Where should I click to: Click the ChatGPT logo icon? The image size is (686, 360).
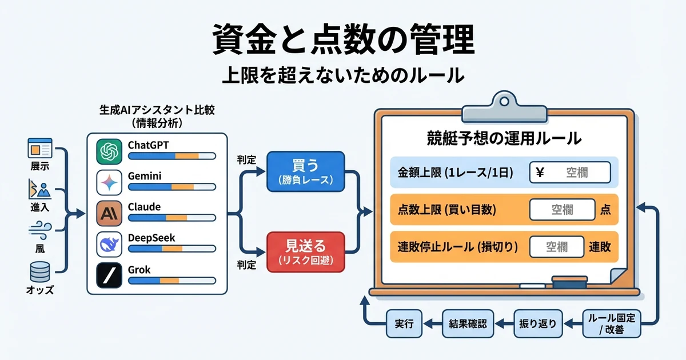pos(109,152)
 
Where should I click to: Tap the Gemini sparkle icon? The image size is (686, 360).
pos(109,183)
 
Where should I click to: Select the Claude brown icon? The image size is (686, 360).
pos(109,214)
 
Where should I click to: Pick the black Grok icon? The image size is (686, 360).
pos(109,277)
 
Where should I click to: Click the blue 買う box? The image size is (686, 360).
pos(305,171)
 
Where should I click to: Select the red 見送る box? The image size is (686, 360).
pos(305,251)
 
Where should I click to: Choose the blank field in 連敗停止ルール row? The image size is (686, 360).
pos(556,247)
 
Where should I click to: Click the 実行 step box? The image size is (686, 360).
pos(404,323)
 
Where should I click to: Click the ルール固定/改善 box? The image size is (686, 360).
pos(612,323)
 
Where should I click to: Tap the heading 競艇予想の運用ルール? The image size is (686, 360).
pos(504,138)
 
